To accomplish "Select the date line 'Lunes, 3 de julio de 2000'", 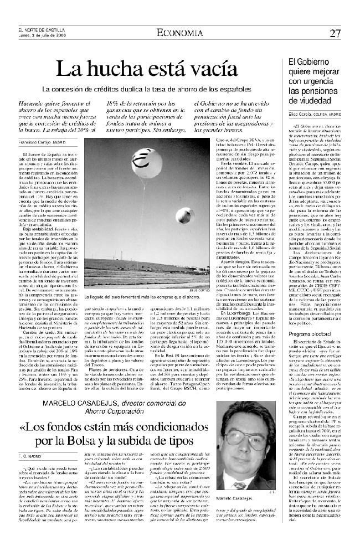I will click(x=43, y=34).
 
